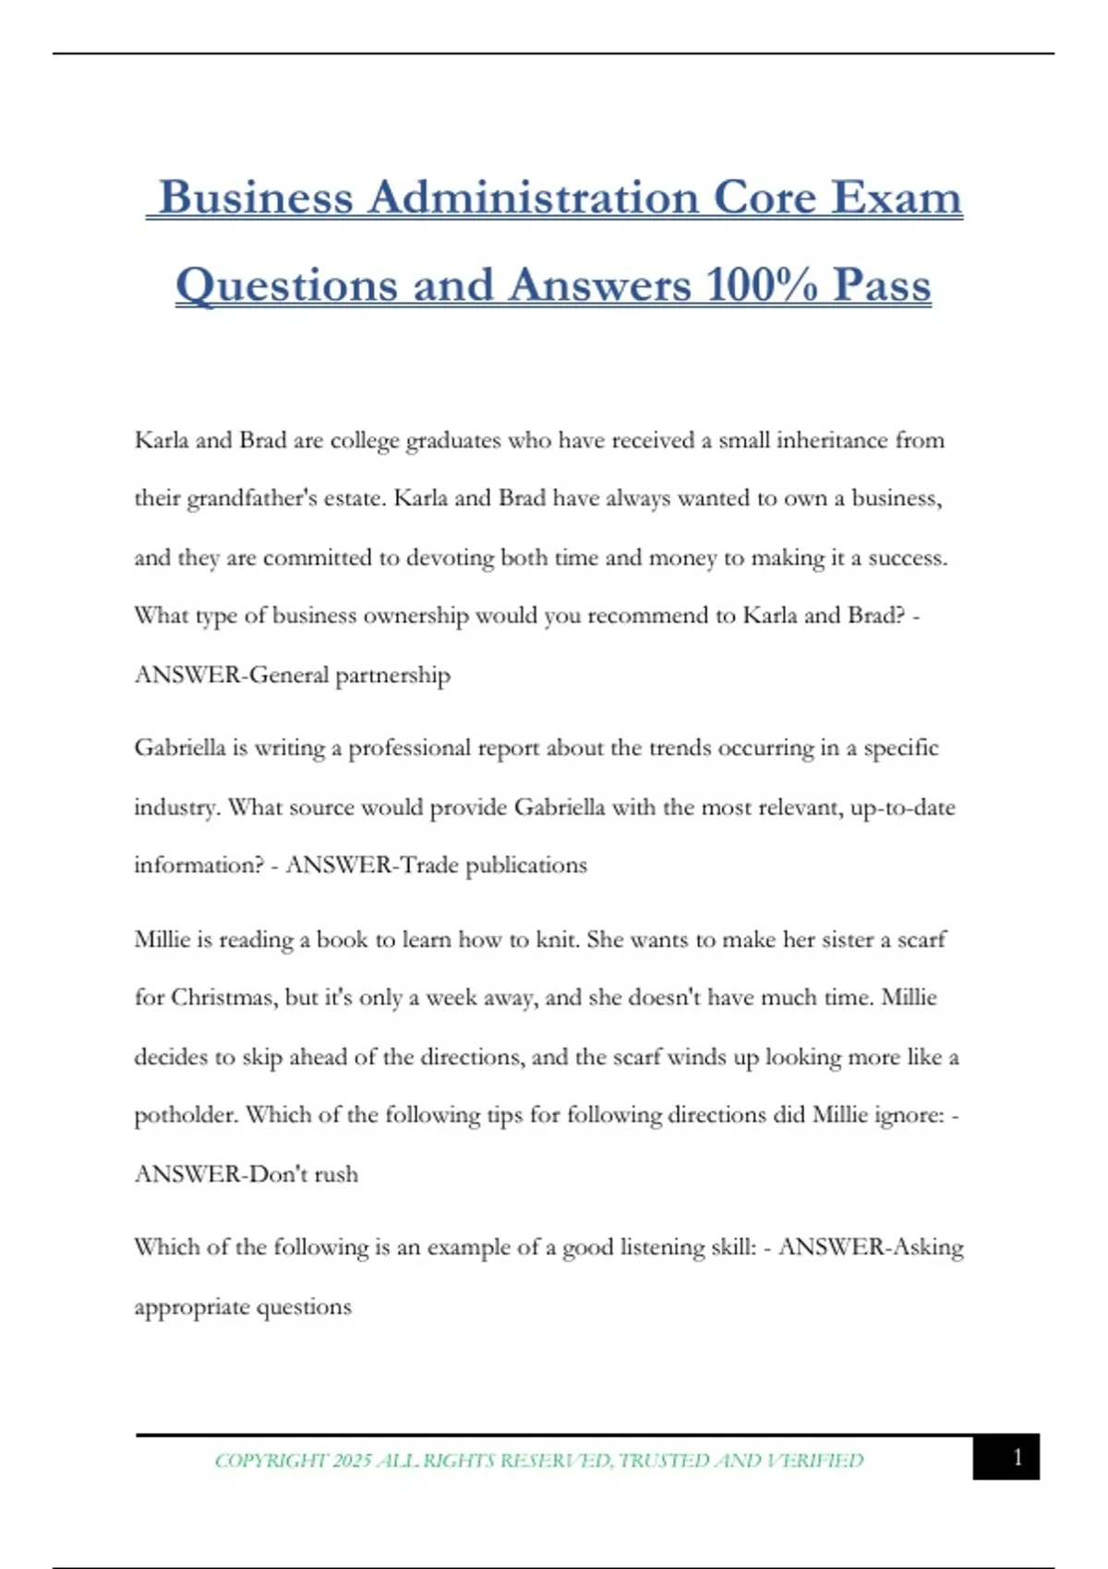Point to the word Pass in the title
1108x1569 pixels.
click(x=882, y=284)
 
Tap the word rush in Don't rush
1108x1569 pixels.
click(x=336, y=1175)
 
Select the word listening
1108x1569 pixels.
click(x=662, y=1248)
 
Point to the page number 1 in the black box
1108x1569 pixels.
click(x=1018, y=1458)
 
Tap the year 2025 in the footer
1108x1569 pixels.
click(x=352, y=1461)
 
